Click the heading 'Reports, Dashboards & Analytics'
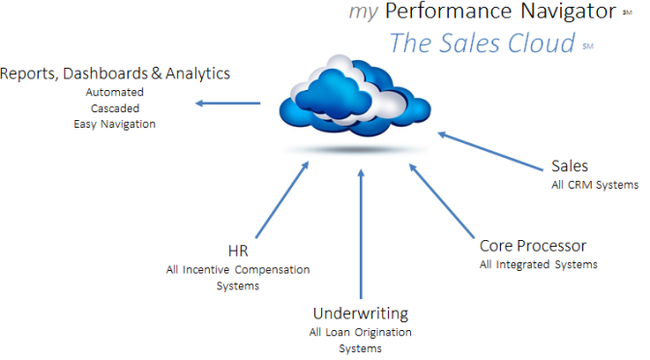pos(116,74)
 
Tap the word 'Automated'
pos(114,93)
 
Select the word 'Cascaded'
pos(114,108)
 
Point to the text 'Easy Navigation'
pos(114,124)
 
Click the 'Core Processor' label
pos(533,246)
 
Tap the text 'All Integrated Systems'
pos(538,264)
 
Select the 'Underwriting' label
pos(360,314)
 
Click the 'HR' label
pos(223,252)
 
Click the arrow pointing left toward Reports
pos(228,103)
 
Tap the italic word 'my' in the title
pos(363,13)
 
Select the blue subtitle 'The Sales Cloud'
pos(483,44)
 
